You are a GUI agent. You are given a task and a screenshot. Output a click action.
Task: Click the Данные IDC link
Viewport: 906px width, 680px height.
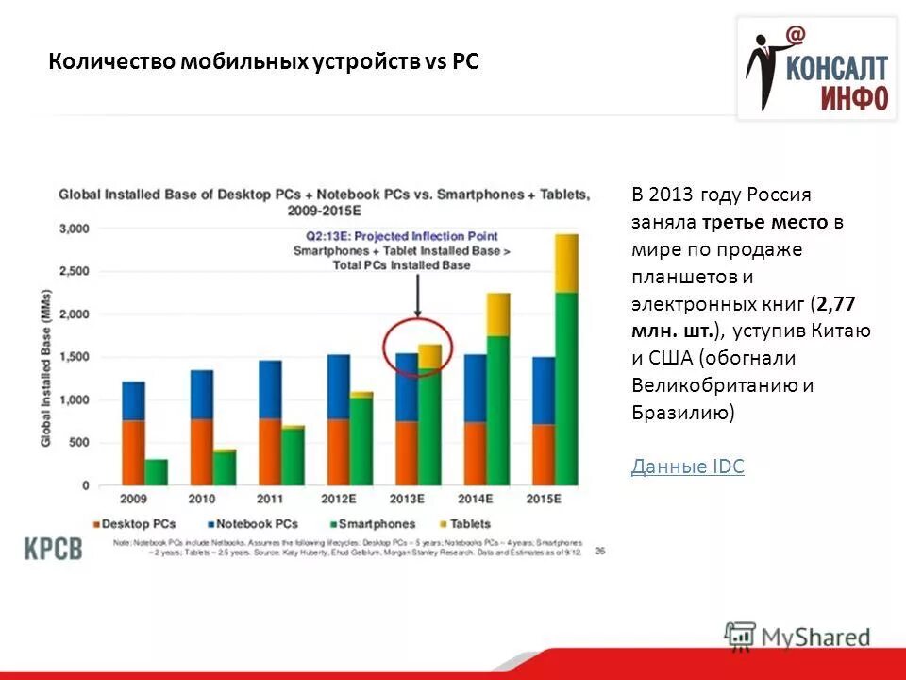point(687,467)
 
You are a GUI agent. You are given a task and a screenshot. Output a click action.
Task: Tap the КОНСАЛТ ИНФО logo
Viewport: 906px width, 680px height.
point(816,71)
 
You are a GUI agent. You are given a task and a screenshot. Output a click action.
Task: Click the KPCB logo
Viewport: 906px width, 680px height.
point(54,548)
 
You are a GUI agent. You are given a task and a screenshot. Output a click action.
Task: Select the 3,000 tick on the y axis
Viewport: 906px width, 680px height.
point(75,229)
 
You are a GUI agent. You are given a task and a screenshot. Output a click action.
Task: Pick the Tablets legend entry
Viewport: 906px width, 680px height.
point(462,523)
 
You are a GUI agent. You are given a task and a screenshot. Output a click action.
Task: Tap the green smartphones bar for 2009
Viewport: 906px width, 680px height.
point(157,472)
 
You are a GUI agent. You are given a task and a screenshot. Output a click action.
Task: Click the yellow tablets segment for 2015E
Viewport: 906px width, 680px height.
point(566,263)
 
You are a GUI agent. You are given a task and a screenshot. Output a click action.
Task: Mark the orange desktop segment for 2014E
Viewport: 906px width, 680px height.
point(475,453)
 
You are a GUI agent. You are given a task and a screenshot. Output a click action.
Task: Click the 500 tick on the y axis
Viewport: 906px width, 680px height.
point(79,442)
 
